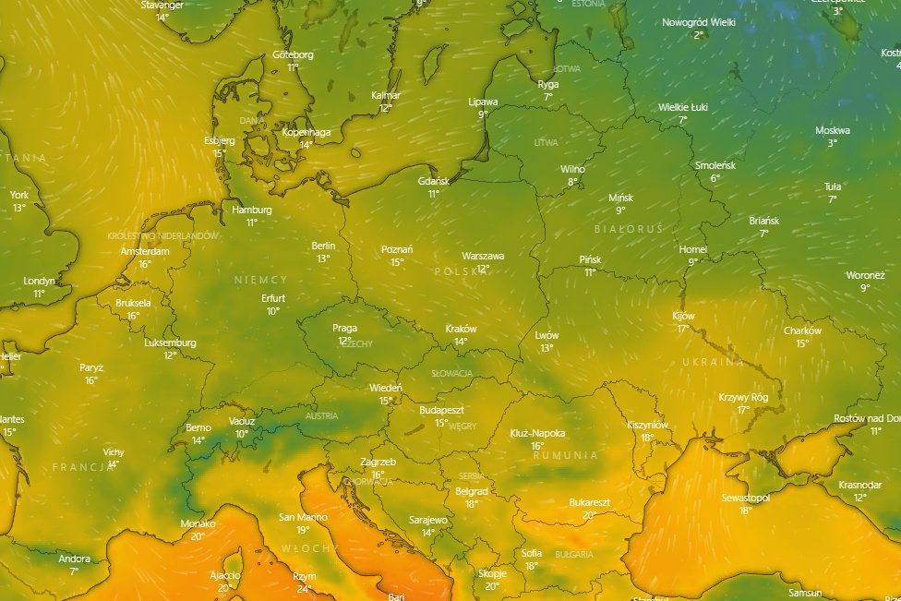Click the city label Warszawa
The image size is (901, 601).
point(483,256)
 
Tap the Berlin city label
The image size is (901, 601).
point(323,246)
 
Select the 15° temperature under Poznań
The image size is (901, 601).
point(397,262)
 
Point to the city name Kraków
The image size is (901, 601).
point(461,329)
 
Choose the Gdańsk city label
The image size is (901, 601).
point(433,181)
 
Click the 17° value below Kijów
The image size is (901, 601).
point(683,329)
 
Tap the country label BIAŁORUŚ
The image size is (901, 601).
point(629,227)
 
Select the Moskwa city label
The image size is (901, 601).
point(832,130)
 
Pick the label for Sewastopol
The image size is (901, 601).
point(745,498)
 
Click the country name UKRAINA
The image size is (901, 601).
point(713,362)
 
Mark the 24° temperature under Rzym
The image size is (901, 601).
point(305,589)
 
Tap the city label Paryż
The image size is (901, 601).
point(91,367)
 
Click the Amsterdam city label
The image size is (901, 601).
point(145,251)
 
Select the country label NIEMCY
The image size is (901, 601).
point(261,280)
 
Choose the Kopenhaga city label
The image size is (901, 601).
point(306,132)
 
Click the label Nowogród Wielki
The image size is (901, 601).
point(698,22)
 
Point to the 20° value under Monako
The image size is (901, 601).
point(198,536)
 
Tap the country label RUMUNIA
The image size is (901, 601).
point(565,455)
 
